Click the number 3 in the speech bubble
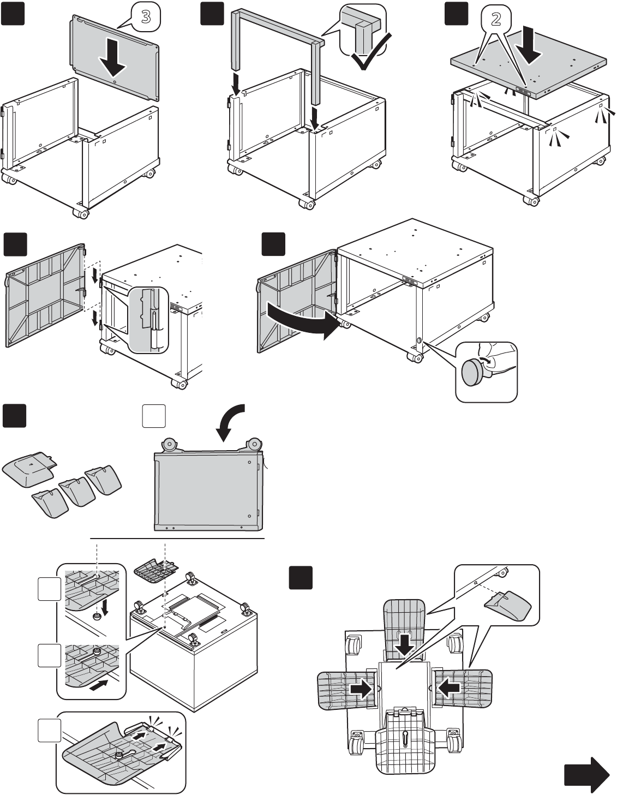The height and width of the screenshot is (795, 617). point(146,17)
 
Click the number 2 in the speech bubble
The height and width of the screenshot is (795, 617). point(496,20)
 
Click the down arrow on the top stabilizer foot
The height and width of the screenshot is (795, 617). point(405,645)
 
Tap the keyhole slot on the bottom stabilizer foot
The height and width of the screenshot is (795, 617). point(405,738)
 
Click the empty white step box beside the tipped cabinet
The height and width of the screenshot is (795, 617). point(154,416)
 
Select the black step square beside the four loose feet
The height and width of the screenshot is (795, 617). point(15,416)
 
